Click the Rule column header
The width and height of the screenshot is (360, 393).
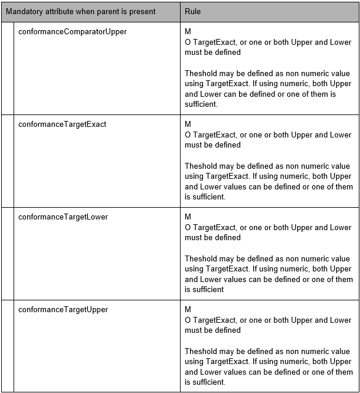click(192, 12)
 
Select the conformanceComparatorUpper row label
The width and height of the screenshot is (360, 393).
click(73, 32)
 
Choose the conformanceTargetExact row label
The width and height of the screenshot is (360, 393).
click(63, 125)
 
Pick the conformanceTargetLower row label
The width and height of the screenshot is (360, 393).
click(63, 217)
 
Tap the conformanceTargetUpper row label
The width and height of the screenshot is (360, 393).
click(63, 310)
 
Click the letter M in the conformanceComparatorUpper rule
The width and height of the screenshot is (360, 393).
click(188, 32)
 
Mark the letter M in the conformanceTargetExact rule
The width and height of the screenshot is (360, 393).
click(188, 125)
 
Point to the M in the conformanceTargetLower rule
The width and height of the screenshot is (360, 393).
click(188, 217)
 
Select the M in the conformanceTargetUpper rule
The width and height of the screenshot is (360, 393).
click(188, 310)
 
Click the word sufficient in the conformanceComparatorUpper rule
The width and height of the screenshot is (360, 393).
click(201, 104)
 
